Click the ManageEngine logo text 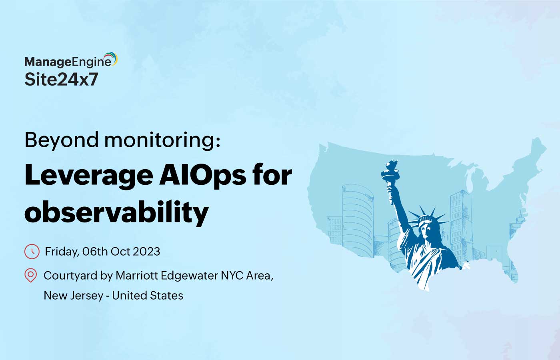(x=68, y=62)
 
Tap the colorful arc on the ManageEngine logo (x=112, y=58)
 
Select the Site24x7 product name (x=61, y=79)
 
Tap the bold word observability (x=116, y=212)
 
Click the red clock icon (x=32, y=252)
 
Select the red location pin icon (x=31, y=275)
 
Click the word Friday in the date (x=62, y=252)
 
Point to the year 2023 (x=146, y=252)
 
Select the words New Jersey (x=74, y=296)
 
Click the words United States (x=148, y=296)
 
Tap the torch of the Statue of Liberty (x=390, y=170)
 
